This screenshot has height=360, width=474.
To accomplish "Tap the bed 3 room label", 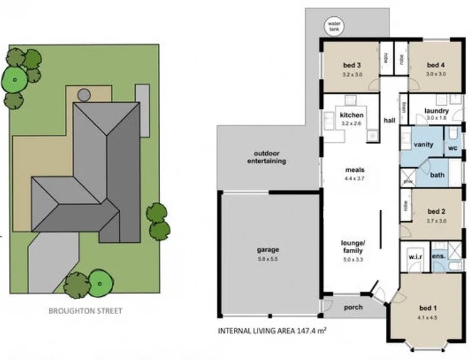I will pyautogui.click(x=352, y=65).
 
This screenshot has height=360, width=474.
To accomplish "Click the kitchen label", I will pyautogui.click(x=352, y=115).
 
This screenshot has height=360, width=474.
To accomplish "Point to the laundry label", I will pyautogui.click(x=437, y=111).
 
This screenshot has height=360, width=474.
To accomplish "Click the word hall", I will pyautogui.click(x=389, y=120).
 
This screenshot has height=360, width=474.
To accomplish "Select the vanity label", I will pyautogui.click(x=424, y=144).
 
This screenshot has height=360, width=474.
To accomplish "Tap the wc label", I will pyautogui.click(x=453, y=147).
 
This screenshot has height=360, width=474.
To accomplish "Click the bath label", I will pyautogui.click(x=437, y=174).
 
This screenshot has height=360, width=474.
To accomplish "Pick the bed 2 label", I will pyautogui.click(x=436, y=211).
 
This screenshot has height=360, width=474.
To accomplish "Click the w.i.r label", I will pyautogui.click(x=415, y=255).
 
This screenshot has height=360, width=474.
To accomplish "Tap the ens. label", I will pyautogui.click(x=439, y=255).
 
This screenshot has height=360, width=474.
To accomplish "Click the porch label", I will pyautogui.click(x=353, y=307).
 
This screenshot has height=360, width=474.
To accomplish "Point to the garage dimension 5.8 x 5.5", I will pyautogui.click(x=268, y=259).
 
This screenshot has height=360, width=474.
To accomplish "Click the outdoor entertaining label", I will pyautogui.click(x=267, y=157).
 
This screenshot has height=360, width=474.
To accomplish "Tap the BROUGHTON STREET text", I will pyautogui.click(x=85, y=311).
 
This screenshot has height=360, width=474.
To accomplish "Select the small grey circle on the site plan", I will pyautogui.click(x=84, y=94).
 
